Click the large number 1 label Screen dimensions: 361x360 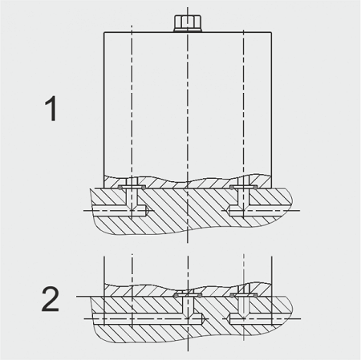[51, 109]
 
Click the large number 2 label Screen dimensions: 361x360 [51, 299]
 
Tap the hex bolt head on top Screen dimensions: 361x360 [187, 23]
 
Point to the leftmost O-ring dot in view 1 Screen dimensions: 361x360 [120, 188]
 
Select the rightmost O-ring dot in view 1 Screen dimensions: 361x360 [256, 188]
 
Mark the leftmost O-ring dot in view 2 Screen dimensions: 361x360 [176, 296]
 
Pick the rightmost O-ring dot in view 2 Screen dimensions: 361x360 [256, 296]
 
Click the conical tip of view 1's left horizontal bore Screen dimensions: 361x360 [147, 211]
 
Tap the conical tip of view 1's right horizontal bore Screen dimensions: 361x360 [229, 211]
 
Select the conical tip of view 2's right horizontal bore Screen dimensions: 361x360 [229, 319]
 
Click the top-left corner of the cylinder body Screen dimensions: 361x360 [104, 32]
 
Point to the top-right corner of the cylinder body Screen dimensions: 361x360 [271, 32]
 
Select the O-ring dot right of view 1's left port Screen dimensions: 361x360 [144, 188]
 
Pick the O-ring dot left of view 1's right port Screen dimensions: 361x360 [232, 188]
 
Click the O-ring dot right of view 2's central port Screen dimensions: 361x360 [200, 296]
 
